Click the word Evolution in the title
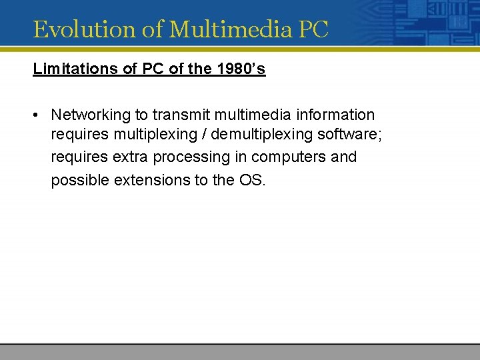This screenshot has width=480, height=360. (x=73, y=29)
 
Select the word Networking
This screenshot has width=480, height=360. (x=90, y=115)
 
